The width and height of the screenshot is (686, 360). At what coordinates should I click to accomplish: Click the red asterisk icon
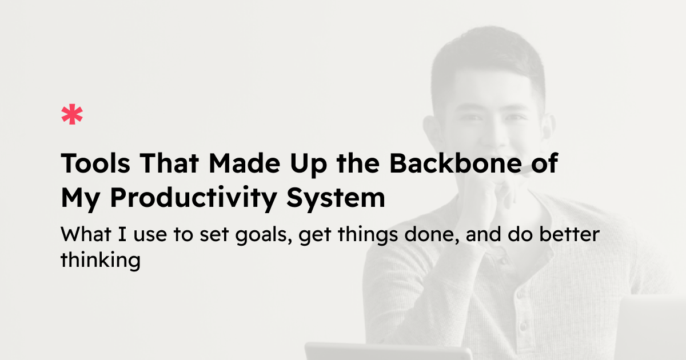(72, 115)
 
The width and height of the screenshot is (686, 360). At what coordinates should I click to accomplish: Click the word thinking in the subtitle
(100, 260)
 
